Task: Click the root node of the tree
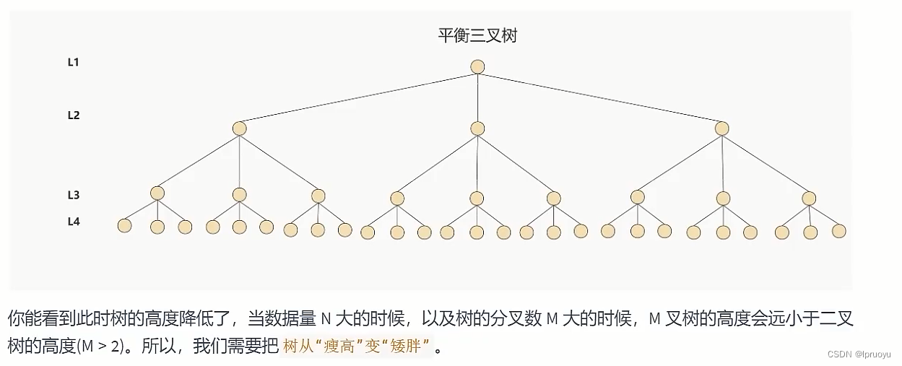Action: point(477,67)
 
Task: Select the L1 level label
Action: point(73,62)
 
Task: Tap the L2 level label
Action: point(73,115)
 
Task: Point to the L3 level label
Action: point(73,195)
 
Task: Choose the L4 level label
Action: point(73,222)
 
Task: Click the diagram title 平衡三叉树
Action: point(477,35)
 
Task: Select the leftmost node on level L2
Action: point(240,128)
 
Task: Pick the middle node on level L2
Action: point(477,128)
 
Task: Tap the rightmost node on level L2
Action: point(721,128)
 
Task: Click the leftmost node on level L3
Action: point(157,193)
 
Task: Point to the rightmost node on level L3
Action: point(809,198)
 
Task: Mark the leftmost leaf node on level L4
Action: point(124,225)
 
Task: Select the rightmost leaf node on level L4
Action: point(838,231)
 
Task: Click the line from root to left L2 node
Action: point(357,98)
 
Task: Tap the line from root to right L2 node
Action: point(599,98)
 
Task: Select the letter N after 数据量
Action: point(325,318)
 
